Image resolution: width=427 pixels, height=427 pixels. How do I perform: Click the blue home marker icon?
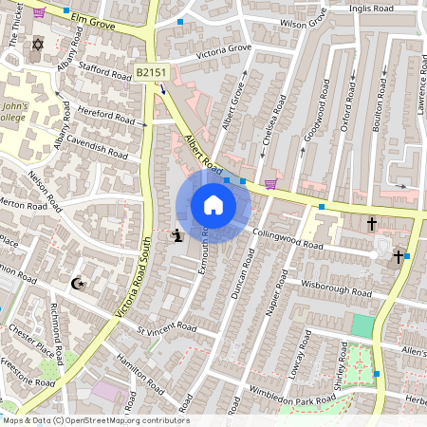213,205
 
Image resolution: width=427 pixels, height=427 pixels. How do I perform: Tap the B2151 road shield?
150,72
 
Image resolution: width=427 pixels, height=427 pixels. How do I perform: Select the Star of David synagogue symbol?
38,45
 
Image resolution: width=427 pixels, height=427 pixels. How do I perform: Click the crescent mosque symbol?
78,283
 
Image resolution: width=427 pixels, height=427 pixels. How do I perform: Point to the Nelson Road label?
45,188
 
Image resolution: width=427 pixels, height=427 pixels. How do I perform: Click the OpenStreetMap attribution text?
95,420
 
